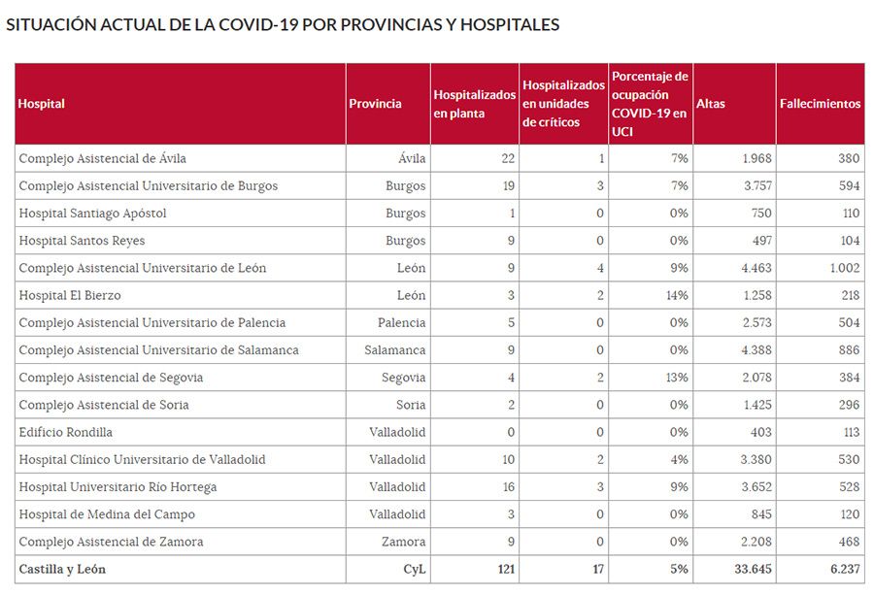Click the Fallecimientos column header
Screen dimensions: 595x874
820,104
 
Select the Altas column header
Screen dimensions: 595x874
711,104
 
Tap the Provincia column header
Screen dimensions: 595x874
375,104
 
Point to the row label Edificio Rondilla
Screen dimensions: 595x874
66,432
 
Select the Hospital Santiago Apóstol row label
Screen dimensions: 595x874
93,213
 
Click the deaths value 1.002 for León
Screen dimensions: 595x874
841,268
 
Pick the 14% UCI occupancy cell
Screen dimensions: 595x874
677,295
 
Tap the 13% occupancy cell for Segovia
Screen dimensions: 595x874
677,378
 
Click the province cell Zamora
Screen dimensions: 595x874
402,542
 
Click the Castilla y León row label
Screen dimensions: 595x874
62,570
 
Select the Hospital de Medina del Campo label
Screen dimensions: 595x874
107,514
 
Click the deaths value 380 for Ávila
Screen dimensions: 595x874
848,158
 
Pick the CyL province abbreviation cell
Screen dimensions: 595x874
415,570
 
